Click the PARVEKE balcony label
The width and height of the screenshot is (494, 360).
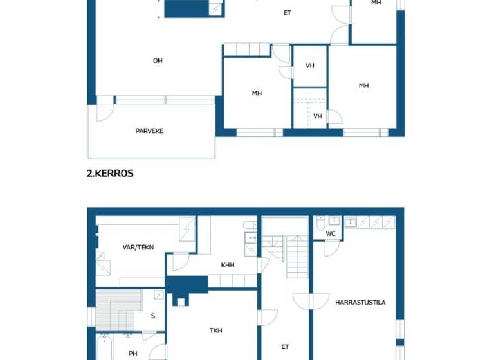pos(149,131)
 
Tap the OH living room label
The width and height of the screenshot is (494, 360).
pos(158,61)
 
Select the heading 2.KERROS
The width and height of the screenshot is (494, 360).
pos(110,173)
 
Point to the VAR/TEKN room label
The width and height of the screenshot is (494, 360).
pos(138,247)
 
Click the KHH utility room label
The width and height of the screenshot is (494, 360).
pos(228,265)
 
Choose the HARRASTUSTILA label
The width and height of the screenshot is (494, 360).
pos(360,302)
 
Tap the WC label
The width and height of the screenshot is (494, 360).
pos(331,234)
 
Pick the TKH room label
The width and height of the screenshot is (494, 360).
pos(216,330)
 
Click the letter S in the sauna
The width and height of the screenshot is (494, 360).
pos(153,316)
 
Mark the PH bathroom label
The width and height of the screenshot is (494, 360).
pos(133,353)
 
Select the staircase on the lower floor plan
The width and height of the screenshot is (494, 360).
pos(296,256)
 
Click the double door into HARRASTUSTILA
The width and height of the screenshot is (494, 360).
pos(311,301)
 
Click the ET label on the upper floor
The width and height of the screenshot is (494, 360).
pos(288,13)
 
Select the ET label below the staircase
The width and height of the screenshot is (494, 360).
pos(285,347)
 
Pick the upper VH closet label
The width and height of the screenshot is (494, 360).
pos(310,66)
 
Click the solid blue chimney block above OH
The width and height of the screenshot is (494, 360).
pos(187,8)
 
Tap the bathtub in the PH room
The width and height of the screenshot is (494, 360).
pos(107,348)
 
